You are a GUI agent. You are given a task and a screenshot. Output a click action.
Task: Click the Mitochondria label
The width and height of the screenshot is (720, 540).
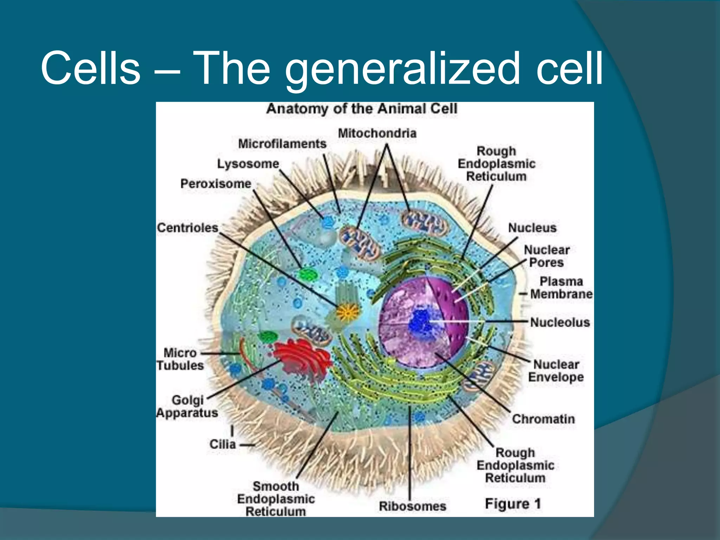pos(377,133)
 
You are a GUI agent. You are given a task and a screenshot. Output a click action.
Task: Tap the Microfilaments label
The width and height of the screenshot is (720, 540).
pos(282,144)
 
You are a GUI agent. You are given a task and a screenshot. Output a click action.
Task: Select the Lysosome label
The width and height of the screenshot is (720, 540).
pos(248,164)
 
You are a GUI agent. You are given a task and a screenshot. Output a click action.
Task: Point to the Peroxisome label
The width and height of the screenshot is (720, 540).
pos(216,184)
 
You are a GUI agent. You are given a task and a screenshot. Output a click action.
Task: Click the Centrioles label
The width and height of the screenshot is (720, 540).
pos(187,228)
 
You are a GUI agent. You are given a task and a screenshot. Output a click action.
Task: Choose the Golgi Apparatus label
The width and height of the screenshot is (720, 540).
pos(187,406)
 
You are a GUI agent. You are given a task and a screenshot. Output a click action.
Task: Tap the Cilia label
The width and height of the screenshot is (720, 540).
pos(222,444)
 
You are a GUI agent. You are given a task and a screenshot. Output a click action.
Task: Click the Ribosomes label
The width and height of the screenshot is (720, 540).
pos(412,506)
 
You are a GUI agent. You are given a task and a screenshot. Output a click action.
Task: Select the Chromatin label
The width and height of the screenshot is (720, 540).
pos(543,419)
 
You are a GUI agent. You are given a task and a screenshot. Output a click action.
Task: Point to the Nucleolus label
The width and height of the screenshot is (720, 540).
pos(560,322)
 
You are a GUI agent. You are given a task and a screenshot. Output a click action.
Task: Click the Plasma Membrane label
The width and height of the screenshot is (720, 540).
pos(561,288)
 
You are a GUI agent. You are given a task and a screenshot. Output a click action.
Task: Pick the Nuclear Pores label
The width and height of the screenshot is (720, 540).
pos(547,256)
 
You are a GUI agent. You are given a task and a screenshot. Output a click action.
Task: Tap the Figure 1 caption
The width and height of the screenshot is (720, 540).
pos(513,504)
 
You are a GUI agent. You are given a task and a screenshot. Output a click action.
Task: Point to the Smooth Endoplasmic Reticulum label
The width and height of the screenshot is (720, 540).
pos(276,499)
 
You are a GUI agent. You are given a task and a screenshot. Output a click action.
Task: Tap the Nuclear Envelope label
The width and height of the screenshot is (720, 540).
pos(555,371)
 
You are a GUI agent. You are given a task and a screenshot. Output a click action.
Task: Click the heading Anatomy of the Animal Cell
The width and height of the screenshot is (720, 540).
pos(362,109)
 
